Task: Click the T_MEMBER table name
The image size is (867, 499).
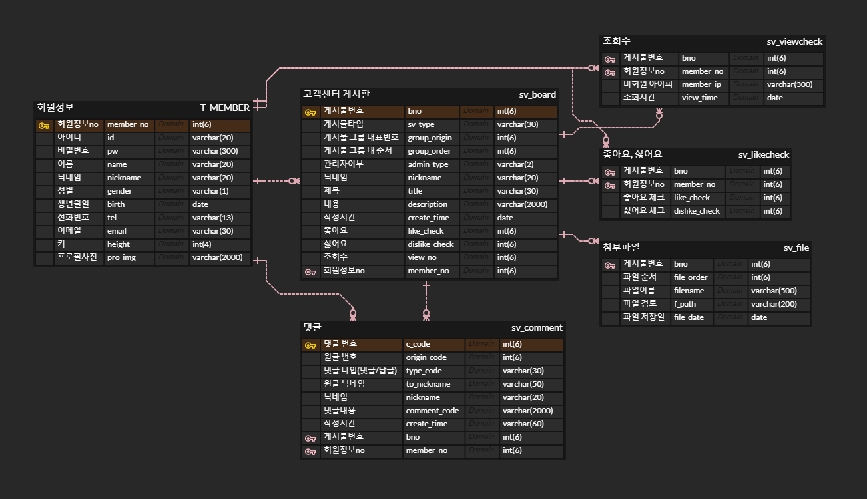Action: (x=225, y=108)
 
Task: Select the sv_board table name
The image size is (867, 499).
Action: (x=537, y=94)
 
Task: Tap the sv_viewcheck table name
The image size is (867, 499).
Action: (x=794, y=41)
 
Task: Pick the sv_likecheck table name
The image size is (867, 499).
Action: (x=763, y=154)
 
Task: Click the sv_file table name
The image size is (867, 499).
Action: (x=796, y=248)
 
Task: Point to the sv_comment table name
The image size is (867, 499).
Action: (x=537, y=327)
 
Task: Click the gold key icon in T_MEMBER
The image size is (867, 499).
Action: (x=44, y=125)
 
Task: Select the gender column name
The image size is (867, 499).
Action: (x=119, y=191)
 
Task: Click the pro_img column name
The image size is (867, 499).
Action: (x=121, y=257)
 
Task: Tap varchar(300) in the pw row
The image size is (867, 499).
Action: (x=215, y=151)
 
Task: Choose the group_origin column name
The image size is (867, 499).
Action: (x=430, y=138)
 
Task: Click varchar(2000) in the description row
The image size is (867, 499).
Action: (x=522, y=204)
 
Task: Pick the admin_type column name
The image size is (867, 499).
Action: (x=428, y=164)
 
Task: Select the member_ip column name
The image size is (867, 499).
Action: (x=701, y=84)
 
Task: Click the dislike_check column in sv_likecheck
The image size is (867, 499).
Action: (x=697, y=211)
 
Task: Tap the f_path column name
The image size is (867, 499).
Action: (x=685, y=304)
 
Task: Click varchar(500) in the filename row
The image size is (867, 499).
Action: (x=774, y=291)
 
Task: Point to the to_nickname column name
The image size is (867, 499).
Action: (x=428, y=384)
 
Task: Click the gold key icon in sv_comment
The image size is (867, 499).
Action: (x=310, y=345)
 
